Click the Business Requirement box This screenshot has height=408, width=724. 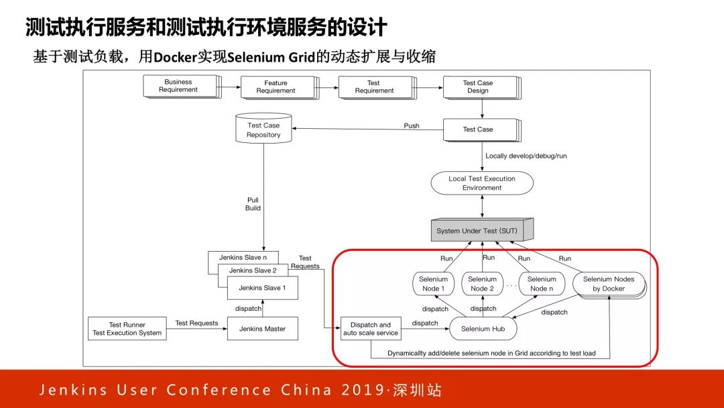[179, 86]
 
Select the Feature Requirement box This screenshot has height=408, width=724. [276, 87]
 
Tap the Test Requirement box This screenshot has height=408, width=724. [374, 87]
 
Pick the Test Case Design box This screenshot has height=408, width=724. [478, 87]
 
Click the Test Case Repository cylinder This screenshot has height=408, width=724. [263, 130]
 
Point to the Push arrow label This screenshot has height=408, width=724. [412, 126]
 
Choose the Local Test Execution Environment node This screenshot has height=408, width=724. [482, 183]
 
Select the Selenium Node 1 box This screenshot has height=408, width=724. [433, 284]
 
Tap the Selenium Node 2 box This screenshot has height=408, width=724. [482, 284]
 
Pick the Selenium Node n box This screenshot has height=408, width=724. [542, 284]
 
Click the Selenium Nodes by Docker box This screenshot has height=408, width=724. [609, 284]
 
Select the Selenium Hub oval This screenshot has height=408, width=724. [483, 329]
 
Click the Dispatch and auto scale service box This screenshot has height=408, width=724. [371, 329]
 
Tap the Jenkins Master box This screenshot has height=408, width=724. [261, 329]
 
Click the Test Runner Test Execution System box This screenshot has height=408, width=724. [127, 328]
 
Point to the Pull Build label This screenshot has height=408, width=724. [253, 204]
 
